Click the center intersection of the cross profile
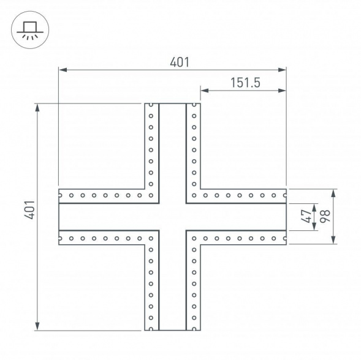point(172,217)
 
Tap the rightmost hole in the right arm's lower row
point(284,238)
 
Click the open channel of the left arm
point(104,217)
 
